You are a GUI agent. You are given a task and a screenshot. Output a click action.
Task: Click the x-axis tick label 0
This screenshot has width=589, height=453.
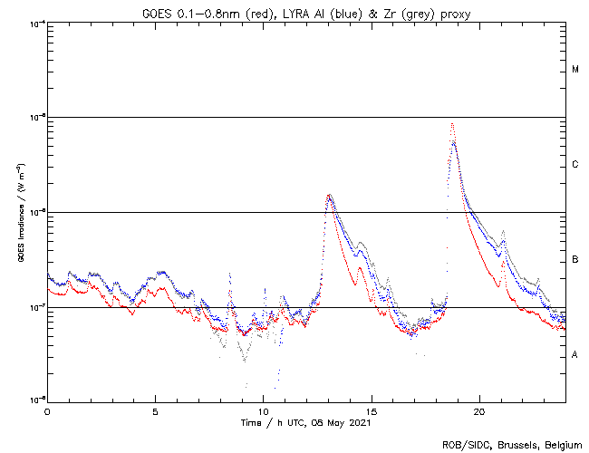[47, 410]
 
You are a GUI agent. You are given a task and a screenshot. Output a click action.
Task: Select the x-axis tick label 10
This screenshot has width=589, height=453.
[263, 410]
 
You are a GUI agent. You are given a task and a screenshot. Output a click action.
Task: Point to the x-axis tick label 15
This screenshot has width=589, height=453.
[371, 410]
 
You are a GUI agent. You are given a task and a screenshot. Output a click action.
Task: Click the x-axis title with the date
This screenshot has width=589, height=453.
[306, 422]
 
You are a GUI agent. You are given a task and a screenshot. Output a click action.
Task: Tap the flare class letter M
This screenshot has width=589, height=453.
[575, 70]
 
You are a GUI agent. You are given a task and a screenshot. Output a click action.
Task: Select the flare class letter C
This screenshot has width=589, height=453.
[575, 165]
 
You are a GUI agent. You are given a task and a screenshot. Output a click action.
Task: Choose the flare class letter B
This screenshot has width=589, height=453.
[575, 260]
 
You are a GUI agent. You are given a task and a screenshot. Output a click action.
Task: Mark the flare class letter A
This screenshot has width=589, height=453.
[575, 355]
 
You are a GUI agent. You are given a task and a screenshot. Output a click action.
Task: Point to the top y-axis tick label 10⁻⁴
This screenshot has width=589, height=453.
[35, 23]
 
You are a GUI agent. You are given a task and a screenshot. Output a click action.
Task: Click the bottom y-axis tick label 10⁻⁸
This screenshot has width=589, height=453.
[35, 400]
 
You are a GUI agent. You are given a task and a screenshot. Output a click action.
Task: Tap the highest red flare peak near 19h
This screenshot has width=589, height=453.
[451, 124]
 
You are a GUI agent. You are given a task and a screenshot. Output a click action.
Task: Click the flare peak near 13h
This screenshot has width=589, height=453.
[329, 195]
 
